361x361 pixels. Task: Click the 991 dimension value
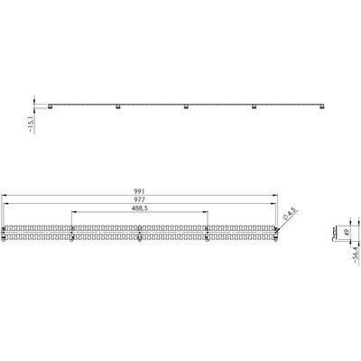point(139,191)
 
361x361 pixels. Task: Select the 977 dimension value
point(139,200)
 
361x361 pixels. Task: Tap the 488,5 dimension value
point(139,209)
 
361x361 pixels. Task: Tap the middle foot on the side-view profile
point(187,107)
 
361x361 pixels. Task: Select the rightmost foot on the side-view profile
point(321,107)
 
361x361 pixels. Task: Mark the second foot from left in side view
point(119,107)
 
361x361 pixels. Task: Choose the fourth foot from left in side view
point(255,107)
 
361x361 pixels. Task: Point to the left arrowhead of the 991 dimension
point(4,196)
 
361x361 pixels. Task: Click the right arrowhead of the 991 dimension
point(277,196)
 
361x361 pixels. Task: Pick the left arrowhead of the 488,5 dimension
point(72,214)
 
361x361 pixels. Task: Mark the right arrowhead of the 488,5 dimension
point(207,214)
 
